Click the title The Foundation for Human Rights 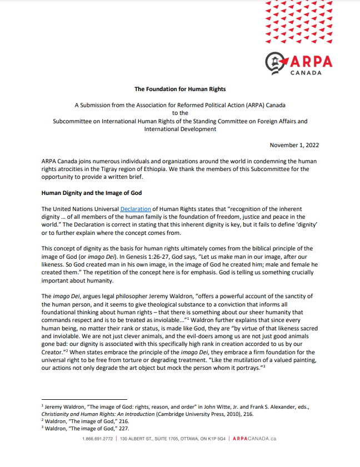[180, 89]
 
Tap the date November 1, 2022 [294, 145]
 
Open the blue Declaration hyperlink [136, 208]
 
